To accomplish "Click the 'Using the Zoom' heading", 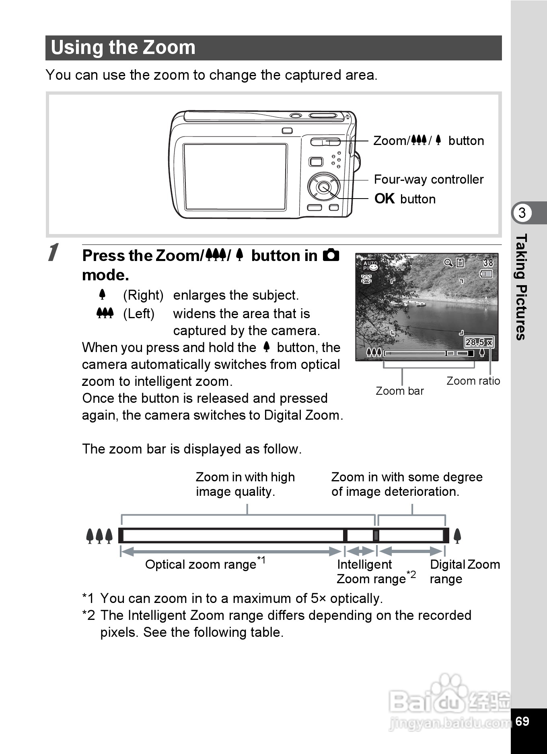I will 123,48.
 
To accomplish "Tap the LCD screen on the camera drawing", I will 235,176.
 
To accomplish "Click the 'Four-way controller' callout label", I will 428,179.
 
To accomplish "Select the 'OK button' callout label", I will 405,199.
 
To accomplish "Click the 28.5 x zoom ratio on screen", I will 479,342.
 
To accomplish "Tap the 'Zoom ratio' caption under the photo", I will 473,381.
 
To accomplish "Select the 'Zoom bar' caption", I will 399,391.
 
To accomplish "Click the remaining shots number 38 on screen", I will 488,263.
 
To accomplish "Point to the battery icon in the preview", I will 486,274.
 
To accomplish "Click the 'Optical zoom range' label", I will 201,564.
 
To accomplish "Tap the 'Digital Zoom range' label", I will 465,572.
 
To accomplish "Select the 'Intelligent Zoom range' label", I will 371,572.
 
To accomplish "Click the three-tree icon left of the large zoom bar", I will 99,536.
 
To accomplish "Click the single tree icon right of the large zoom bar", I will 457,536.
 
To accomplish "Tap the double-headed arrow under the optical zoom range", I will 231,551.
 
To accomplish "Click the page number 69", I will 522,721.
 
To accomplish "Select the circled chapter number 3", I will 522,213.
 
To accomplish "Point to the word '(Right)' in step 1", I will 143,295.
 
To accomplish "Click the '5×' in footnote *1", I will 318,599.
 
